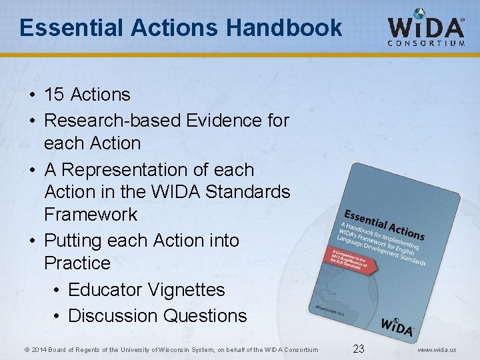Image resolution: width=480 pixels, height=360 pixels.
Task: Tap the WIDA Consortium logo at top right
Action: tap(426, 28)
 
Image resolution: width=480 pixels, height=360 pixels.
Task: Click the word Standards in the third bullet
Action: tap(248, 192)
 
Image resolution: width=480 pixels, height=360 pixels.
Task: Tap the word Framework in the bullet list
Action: tap(91, 215)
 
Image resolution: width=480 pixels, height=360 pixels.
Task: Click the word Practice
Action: tap(77, 263)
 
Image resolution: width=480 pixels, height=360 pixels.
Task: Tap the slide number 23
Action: tap(359, 348)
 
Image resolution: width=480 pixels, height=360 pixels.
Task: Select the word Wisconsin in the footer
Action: tap(193, 349)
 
